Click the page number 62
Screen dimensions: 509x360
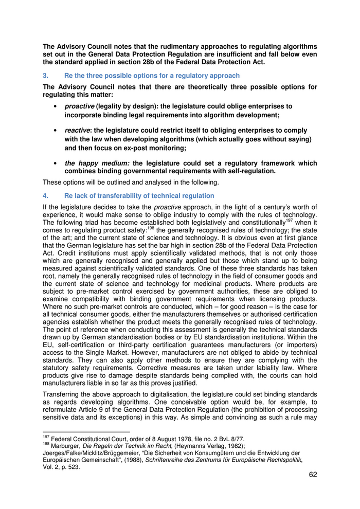coord(313,475)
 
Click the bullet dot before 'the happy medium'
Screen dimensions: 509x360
coord(55,163)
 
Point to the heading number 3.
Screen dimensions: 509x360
coord(45,76)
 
